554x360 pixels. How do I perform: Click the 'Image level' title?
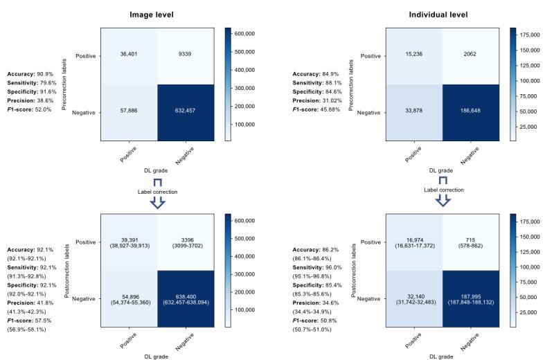(158, 13)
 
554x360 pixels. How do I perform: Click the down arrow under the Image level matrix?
(157, 201)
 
